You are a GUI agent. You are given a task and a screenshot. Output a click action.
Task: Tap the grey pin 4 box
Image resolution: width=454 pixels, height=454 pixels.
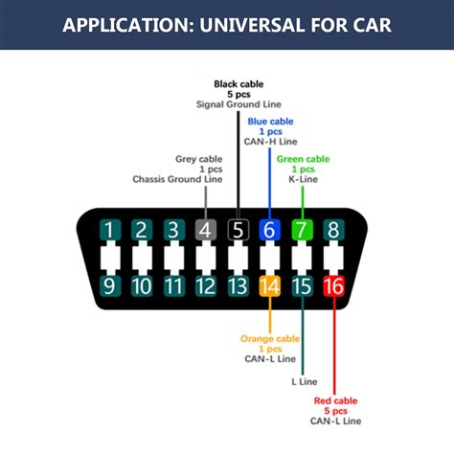205,230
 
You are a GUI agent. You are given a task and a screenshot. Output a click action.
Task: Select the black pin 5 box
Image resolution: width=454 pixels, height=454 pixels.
238,230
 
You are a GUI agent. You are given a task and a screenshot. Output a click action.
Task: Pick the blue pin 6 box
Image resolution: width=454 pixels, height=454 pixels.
269,230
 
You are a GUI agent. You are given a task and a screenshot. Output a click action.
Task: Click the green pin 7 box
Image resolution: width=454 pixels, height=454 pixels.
302,230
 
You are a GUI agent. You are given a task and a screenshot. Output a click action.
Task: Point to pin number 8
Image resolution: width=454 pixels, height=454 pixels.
333,230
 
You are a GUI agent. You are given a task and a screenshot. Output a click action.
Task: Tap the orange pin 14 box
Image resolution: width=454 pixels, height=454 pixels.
269,285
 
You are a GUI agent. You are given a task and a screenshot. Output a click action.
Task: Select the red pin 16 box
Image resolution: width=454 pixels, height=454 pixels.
333,285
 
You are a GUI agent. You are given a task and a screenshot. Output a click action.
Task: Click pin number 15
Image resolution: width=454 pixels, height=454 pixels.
302,285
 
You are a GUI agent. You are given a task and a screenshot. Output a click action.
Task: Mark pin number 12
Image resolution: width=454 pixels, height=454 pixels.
205,285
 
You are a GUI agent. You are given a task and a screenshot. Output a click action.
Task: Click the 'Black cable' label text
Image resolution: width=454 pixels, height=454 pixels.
238,83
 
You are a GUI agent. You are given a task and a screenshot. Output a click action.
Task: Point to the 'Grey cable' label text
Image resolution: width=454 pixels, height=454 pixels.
198,159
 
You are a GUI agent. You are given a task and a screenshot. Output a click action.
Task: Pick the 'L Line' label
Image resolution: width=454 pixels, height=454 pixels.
304,381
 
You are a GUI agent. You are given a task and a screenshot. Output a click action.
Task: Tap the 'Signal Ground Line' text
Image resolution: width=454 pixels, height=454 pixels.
238,103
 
